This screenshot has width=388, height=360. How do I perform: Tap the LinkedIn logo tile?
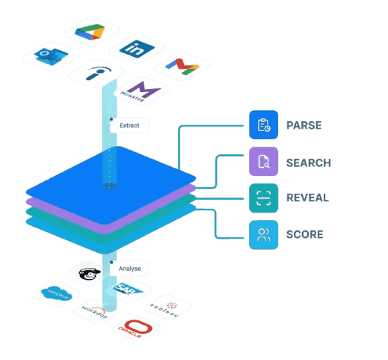click(137, 49)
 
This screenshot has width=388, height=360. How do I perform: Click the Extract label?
click(129, 126)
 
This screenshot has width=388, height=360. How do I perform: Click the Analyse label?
click(130, 267)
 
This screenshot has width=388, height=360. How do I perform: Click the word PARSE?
click(303, 125)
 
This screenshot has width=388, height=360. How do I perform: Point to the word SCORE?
click(304, 234)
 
